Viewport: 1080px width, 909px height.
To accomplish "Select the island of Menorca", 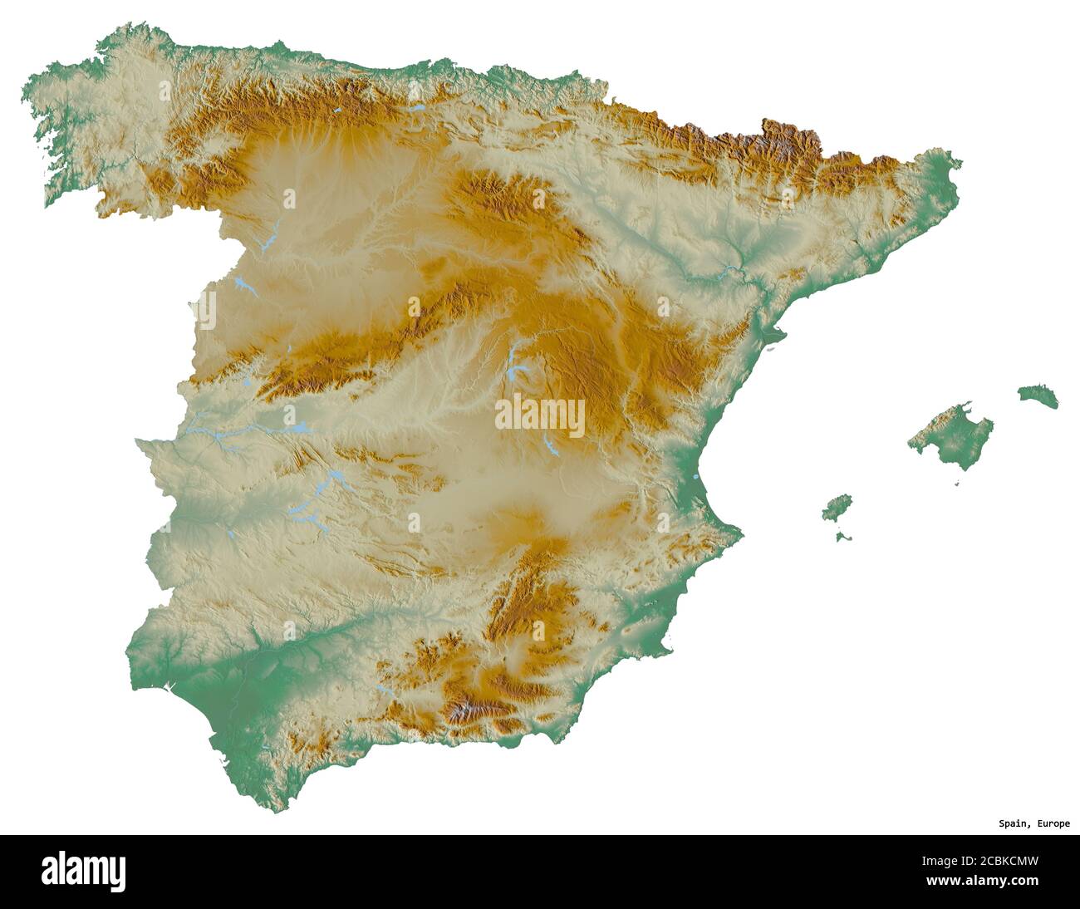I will point(1038,395).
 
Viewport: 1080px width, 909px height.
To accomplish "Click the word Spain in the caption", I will point(1014,824).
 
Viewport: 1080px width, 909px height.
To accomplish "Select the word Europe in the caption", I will point(1053,824).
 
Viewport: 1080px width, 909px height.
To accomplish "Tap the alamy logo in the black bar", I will point(84,870).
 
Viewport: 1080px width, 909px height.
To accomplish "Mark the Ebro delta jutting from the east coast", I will point(777,334).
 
